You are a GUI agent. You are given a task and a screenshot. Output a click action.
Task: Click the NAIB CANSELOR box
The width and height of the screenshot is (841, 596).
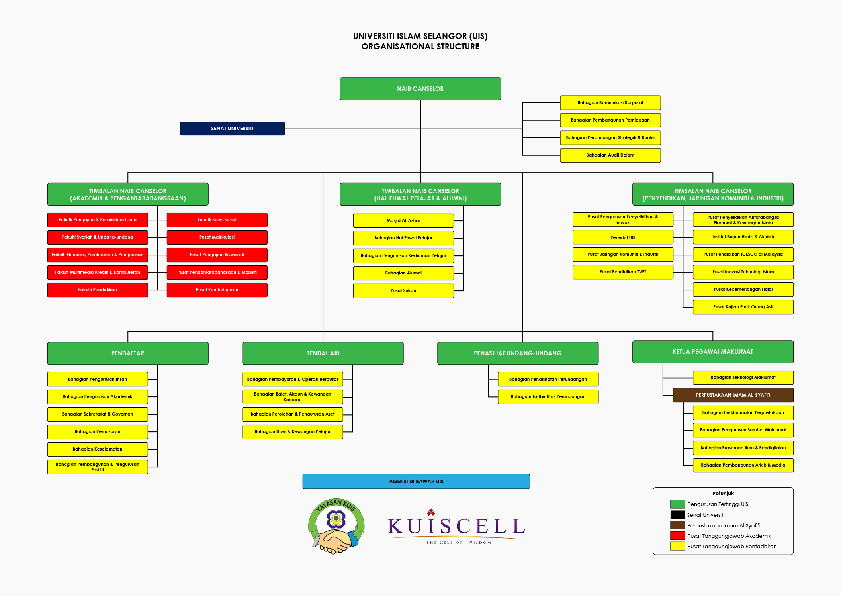tap(420, 89)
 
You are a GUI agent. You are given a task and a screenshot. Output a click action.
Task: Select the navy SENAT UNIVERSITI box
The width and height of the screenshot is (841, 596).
tap(232, 129)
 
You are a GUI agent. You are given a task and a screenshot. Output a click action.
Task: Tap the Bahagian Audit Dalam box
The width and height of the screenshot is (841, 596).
tap(610, 155)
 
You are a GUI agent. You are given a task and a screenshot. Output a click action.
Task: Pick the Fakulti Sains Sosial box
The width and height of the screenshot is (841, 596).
tap(217, 220)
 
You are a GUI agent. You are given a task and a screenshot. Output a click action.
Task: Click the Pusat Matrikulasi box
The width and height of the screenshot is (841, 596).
tap(217, 237)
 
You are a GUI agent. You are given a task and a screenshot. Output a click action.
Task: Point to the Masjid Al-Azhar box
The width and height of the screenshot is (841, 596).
tap(403, 220)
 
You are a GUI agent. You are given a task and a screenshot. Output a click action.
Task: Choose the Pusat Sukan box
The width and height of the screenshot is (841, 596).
tap(403, 290)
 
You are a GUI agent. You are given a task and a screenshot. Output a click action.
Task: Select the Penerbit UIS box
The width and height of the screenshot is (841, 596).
tap(623, 237)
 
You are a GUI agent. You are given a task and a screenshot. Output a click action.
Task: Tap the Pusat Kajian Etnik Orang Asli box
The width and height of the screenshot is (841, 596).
tap(743, 307)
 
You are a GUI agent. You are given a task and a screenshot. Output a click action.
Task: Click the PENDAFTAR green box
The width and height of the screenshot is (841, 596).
tap(128, 353)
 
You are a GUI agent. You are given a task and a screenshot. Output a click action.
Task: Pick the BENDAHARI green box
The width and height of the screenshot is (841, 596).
tap(323, 353)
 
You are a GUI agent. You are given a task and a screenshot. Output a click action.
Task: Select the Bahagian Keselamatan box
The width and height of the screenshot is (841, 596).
tap(98, 449)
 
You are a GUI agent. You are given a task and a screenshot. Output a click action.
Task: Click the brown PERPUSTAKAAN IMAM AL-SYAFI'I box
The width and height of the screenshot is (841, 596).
tap(733, 395)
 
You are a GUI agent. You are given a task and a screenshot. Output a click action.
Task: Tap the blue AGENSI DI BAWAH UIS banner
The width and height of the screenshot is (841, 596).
tap(416, 481)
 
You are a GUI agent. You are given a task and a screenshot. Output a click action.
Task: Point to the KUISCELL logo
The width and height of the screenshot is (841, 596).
tap(456, 527)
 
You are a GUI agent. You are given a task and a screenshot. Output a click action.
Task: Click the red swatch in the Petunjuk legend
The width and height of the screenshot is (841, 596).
tap(677, 536)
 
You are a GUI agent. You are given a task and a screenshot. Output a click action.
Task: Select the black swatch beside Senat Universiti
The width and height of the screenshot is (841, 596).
tap(677, 515)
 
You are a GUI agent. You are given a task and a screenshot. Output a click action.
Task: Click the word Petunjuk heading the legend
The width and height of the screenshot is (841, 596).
tap(723, 493)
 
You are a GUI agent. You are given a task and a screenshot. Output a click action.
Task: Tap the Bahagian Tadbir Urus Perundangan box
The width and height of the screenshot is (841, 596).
tap(548, 396)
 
